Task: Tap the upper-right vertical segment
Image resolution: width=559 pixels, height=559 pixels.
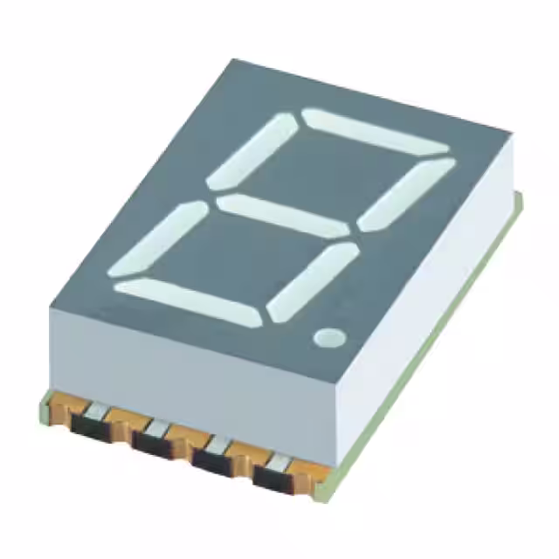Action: [407, 195]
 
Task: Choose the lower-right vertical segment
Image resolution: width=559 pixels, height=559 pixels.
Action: [313, 279]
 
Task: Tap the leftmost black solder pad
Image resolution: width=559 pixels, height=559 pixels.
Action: [91, 427]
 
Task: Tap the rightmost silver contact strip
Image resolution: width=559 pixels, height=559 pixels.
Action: [278, 461]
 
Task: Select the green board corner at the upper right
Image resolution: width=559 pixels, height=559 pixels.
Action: [518, 203]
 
